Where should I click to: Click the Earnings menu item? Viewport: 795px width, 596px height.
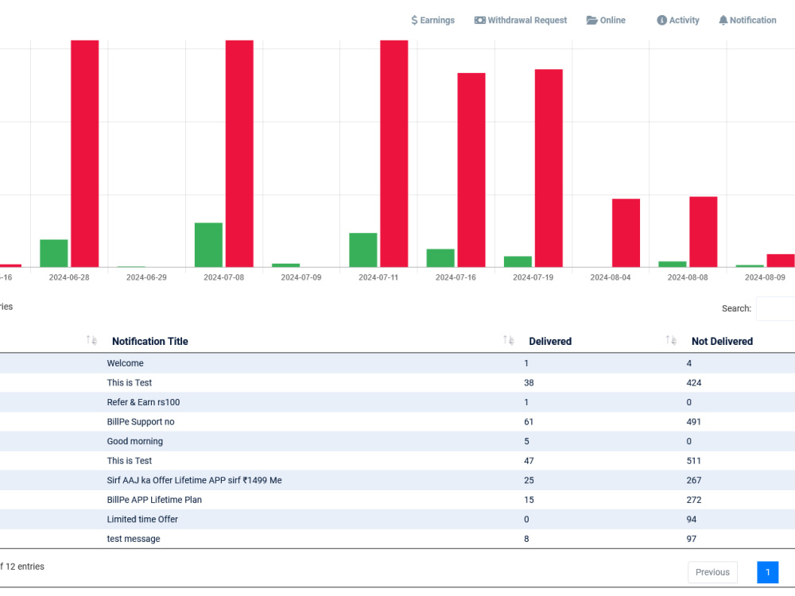[432, 21]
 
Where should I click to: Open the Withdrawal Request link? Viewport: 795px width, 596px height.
[521, 21]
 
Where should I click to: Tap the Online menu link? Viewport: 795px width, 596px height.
[606, 21]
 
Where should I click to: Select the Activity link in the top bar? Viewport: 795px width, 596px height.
[678, 21]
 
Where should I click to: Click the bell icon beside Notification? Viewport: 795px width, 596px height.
[723, 21]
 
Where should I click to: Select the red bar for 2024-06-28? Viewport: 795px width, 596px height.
[85, 153]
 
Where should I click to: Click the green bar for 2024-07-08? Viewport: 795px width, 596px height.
[208, 245]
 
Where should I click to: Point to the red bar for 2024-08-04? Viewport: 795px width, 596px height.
[626, 233]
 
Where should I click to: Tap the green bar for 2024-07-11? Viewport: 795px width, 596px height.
[363, 250]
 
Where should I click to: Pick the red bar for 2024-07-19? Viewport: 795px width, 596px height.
[549, 168]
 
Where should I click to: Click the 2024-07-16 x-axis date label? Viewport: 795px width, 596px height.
[456, 277]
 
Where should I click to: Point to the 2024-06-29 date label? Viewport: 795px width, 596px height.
[146, 277]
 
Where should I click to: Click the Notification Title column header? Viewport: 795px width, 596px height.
[150, 342]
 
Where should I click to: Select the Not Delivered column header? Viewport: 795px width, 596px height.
[722, 342]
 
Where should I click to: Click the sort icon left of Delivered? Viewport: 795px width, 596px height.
[509, 341]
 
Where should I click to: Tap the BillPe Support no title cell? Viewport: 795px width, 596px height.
[141, 422]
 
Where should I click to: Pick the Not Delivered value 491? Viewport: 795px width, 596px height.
[693, 422]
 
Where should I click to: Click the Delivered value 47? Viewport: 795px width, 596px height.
[529, 461]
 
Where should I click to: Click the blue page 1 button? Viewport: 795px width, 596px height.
[768, 572]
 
